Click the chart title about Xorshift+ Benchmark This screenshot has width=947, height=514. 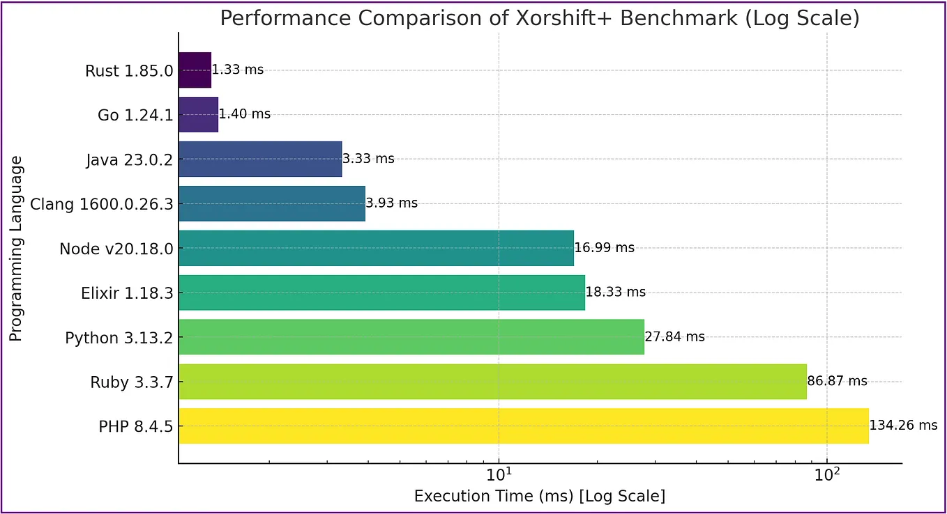coord(539,18)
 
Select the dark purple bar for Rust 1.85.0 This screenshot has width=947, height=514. coord(195,70)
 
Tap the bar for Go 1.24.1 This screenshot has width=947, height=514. coord(198,114)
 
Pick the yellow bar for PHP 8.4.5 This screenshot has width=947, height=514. coord(523,426)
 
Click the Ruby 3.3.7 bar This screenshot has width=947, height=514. coord(492,381)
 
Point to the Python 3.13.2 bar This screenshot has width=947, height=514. coord(411,336)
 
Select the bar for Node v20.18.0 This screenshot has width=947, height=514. coord(376,248)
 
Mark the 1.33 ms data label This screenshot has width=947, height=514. coord(238,70)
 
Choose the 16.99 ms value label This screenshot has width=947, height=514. coord(604,248)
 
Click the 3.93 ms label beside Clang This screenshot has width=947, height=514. coord(391,203)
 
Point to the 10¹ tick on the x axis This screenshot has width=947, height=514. coord(499,476)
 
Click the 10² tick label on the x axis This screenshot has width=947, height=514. coord(827,476)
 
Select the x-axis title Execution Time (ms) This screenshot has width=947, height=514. coord(539,497)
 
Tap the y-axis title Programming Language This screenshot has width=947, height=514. coord(16,249)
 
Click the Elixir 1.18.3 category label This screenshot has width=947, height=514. coord(127,293)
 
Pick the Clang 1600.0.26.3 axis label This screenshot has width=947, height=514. coord(101,204)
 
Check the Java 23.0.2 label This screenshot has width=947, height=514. coord(129,159)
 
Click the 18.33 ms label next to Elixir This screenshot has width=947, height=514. coord(615,293)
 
